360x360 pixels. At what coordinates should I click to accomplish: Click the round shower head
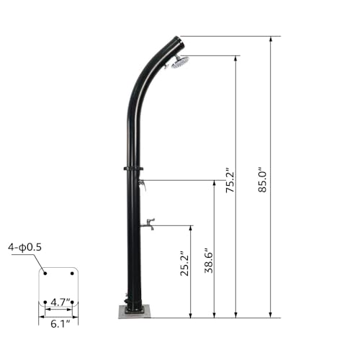coord(179,63)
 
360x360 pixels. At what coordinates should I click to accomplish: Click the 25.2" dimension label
coord(184,264)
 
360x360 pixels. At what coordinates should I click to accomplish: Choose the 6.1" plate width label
coord(58,324)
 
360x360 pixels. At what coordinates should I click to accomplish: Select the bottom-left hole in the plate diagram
coord(45,302)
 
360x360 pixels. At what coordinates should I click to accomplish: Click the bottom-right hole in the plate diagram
coord(72,302)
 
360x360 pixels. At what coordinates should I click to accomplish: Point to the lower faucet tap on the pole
coord(148,225)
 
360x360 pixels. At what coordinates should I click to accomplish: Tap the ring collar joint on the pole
coord(133,170)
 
